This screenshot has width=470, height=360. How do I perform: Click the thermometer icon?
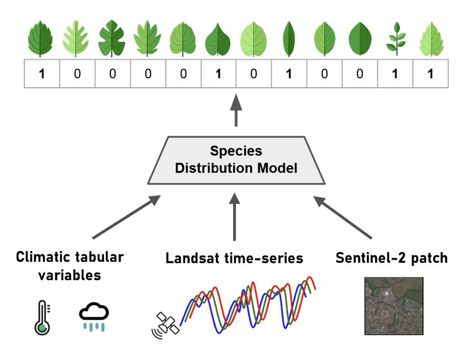[x=42, y=318]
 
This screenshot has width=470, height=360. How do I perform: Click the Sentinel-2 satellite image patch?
[x=394, y=305]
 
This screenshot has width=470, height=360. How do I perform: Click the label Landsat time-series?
[x=234, y=258]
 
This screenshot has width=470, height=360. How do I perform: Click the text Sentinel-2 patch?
[x=391, y=258]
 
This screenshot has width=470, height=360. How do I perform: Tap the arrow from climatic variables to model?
[x=126, y=217]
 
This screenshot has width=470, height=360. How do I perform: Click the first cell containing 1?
[x=42, y=73]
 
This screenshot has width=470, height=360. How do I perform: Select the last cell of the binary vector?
[x=430, y=73]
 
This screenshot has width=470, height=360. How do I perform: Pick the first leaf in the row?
[x=40, y=39]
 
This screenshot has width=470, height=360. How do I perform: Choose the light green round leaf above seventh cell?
[x=253, y=39]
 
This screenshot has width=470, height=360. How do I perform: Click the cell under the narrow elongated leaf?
[x=288, y=73]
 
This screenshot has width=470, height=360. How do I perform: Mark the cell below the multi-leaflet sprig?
[x=395, y=73]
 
